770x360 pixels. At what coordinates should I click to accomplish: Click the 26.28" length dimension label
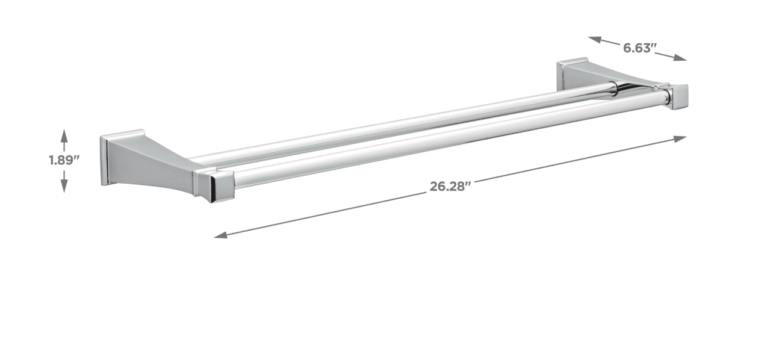pyautogui.click(x=450, y=187)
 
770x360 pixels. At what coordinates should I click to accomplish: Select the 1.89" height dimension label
pyautogui.click(x=64, y=160)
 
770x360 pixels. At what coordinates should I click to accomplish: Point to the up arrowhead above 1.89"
pyautogui.click(x=64, y=135)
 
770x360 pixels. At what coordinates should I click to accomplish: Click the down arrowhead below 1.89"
pyautogui.click(x=64, y=187)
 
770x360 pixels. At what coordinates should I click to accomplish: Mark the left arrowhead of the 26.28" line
pyautogui.click(x=220, y=235)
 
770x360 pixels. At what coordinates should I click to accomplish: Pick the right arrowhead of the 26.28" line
pyautogui.click(x=680, y=138)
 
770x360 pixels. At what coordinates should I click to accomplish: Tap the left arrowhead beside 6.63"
pyautogui.click(x=594, y=40)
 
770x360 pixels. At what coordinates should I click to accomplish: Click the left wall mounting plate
pyautogui.click(x=105, y=161)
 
